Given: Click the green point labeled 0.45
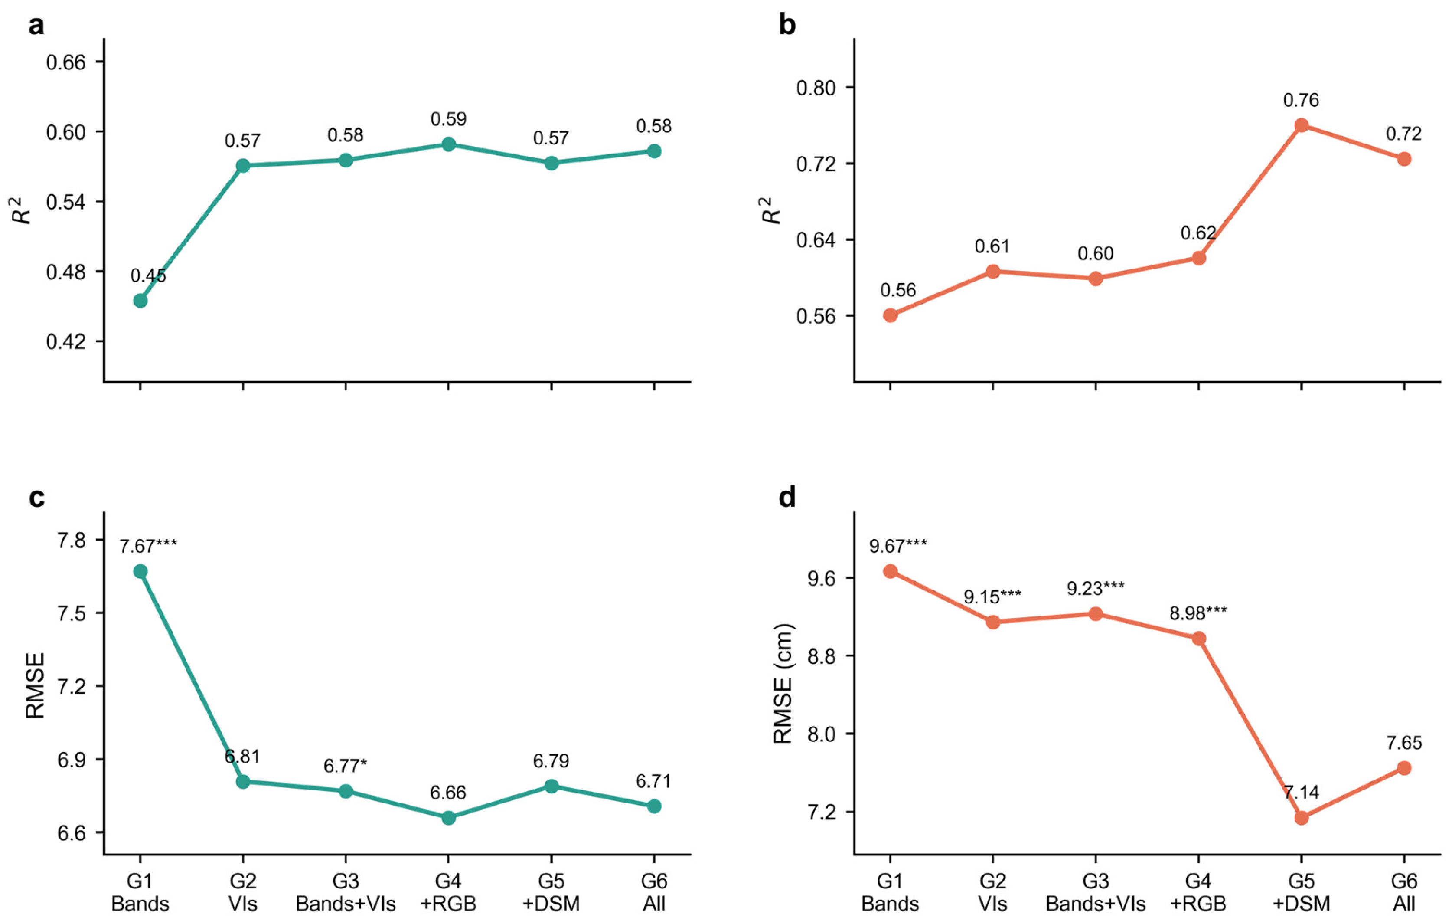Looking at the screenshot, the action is [140, 300].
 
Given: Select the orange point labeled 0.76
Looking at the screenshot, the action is [1301, 125].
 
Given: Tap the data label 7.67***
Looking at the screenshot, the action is [148, 546].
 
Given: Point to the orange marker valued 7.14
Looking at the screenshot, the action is [1301, 818].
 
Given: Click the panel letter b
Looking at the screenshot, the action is [787, 25].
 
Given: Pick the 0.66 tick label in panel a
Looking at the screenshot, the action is [66, 62].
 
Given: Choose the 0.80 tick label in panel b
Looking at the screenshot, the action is [816, 88].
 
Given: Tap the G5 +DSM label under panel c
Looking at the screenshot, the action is [551, 893].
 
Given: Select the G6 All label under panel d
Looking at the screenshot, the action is [1404, 893].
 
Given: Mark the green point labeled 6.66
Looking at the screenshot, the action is [449, 818].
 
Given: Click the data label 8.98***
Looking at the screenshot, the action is [1198, 613].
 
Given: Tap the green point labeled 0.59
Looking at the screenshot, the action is [449, 144].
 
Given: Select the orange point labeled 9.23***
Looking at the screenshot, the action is [1096, 614].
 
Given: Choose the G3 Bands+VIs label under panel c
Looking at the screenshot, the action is [346, 893].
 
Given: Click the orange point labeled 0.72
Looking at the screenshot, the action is [1404, 159].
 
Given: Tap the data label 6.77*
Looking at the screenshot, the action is [346, 767].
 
